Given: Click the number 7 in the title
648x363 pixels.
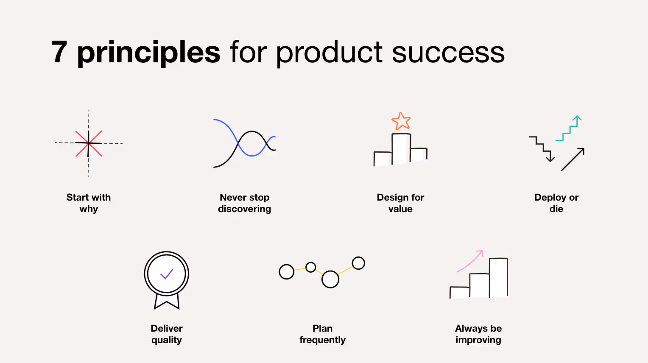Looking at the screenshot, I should point(59,52).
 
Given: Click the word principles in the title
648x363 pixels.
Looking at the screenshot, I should point(148,53).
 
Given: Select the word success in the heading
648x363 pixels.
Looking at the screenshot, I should point(448,53).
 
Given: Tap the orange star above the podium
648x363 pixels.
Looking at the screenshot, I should point(401,121).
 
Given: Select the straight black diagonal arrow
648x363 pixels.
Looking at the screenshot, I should point(573,159).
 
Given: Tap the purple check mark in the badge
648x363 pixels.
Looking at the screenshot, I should point(167,274).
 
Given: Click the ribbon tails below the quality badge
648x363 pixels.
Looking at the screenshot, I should point(167,302).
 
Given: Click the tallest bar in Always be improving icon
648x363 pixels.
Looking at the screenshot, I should point(498,277).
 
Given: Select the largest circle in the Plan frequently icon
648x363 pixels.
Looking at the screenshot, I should point(330,279).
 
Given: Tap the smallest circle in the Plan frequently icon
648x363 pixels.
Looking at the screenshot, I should point(311,267).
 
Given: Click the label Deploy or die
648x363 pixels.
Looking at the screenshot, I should point(556,203).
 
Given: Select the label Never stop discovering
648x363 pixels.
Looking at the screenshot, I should point(244,203).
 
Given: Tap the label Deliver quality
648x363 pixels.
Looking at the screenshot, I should point(167,334).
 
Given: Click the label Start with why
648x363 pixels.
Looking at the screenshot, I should point(89,203).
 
